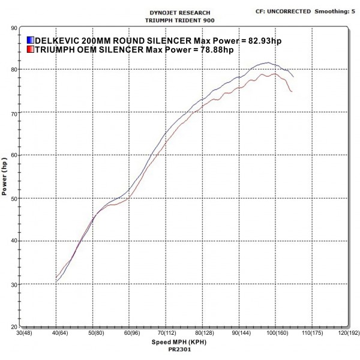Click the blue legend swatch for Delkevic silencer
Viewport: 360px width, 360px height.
coord(29,40)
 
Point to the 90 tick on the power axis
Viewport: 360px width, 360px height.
coord(13,28)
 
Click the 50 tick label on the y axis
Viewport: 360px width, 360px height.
coord(13,198)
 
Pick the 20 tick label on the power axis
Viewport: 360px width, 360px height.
coord(13,327)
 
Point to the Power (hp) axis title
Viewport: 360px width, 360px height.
coord(5,177)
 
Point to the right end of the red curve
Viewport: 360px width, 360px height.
coord(292,92)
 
